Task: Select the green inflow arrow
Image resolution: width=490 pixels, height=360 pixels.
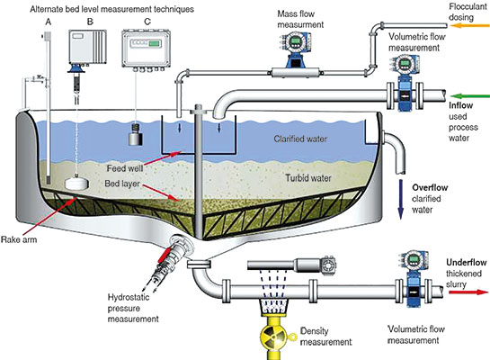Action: coord(469,96)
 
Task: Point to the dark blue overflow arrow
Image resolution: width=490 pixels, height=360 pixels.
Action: coord(401,199)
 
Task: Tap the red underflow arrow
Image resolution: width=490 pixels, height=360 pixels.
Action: coord(468,292)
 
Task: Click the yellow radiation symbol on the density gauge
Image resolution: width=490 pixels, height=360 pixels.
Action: coord(274,337)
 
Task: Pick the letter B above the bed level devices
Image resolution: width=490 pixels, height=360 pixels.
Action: coord(90,22)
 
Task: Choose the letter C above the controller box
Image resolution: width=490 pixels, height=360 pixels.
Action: coord(147,22)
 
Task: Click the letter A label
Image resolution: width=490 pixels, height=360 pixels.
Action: coord(48,22)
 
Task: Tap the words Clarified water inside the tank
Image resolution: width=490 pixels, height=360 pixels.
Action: coord(300,139)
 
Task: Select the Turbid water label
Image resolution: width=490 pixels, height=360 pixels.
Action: coord(308,178)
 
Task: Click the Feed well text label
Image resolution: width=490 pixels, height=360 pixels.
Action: coord(125,168)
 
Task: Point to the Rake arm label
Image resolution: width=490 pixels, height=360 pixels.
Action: coord(19,239)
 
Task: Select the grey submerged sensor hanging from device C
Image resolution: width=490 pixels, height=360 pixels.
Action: coord(136,134)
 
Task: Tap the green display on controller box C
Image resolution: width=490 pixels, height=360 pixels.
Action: coord(155,43)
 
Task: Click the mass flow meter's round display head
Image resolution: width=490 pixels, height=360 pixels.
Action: coord(294,41)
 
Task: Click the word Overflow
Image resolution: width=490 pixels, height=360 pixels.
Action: coord(430,188)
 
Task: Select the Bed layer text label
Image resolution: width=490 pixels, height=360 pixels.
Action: coord(122,184)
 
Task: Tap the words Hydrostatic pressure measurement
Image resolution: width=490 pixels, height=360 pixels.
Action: coord(133,308)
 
